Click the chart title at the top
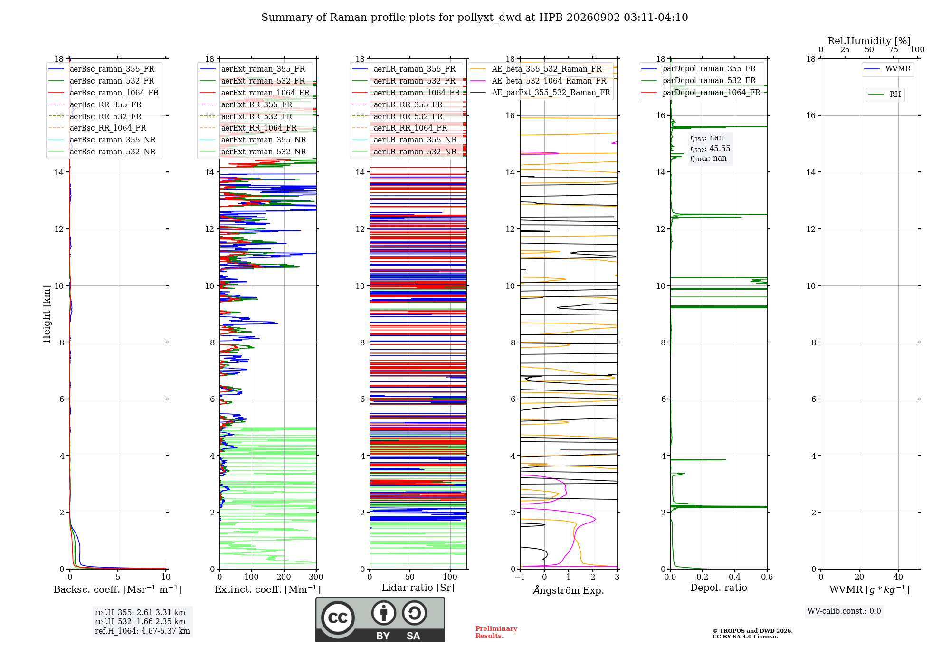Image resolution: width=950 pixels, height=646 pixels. pyautogui.click(x=475, y=18)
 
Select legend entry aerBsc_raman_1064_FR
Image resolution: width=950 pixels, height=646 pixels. pyautogui.click(x=104, y=93)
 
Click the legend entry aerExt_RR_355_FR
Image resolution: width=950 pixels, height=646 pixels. pyautogui.click(x=246, y=104)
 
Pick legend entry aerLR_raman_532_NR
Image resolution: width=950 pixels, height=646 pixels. pyautogui.click(x=404, y=152)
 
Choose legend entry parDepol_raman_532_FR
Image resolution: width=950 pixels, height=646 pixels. pyautogui.click(x=698, y=80)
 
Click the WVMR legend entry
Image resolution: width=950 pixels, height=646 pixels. pyautogui.click(x=887, y=69)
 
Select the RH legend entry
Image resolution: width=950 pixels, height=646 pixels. pyautogui.click(x=884, y=95)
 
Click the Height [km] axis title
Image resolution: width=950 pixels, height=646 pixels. pyautogui.click(x=47, y=314)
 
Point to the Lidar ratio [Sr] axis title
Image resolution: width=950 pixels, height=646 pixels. pyautogui.click(x=418, y=588)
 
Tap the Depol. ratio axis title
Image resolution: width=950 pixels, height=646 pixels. pyautogui.click(x=719, y=588)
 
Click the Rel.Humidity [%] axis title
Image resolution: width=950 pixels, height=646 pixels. pyautogui.click(x=869, y=41)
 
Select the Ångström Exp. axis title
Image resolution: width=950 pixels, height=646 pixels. pyautogui.click(x=569, y=590)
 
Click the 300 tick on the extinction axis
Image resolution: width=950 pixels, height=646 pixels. pyautogui.click(x=316, y=577)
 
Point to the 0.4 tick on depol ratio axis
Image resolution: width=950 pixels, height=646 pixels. pyautogui.click(x=735, y=577)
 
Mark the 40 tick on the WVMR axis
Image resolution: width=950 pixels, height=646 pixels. pyautogui.click(x=898, y=577)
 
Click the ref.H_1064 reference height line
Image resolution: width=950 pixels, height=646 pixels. pyautogui.click(x=142, y=631)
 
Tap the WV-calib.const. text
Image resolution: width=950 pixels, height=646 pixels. pyautogui.click(x=844, y=611)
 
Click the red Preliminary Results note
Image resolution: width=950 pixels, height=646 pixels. pyautogui.click(x=496, y=632)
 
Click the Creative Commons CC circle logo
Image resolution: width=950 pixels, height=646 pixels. pyautogui.click(x=338, y=617)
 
